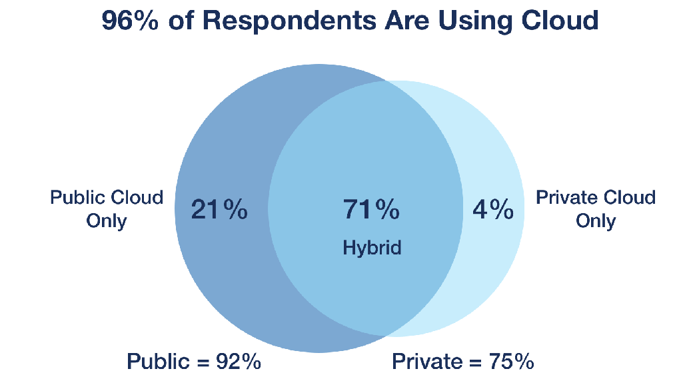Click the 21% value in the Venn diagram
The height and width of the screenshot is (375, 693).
(219, 210)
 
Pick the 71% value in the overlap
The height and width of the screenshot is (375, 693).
(371, 210)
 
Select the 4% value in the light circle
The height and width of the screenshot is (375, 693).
(493, 210)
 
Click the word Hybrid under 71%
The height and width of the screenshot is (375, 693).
(372, 248)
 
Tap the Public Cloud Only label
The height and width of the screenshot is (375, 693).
(107, 208)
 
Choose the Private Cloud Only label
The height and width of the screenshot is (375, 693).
(596, 208)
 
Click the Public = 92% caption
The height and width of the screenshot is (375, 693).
(193, 362)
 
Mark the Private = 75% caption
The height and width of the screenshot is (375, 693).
(462, 362)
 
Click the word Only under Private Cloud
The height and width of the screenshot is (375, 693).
(596, 220)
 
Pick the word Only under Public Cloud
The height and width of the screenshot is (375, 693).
(107, 220)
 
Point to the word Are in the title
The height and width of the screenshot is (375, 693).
(406, 21)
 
